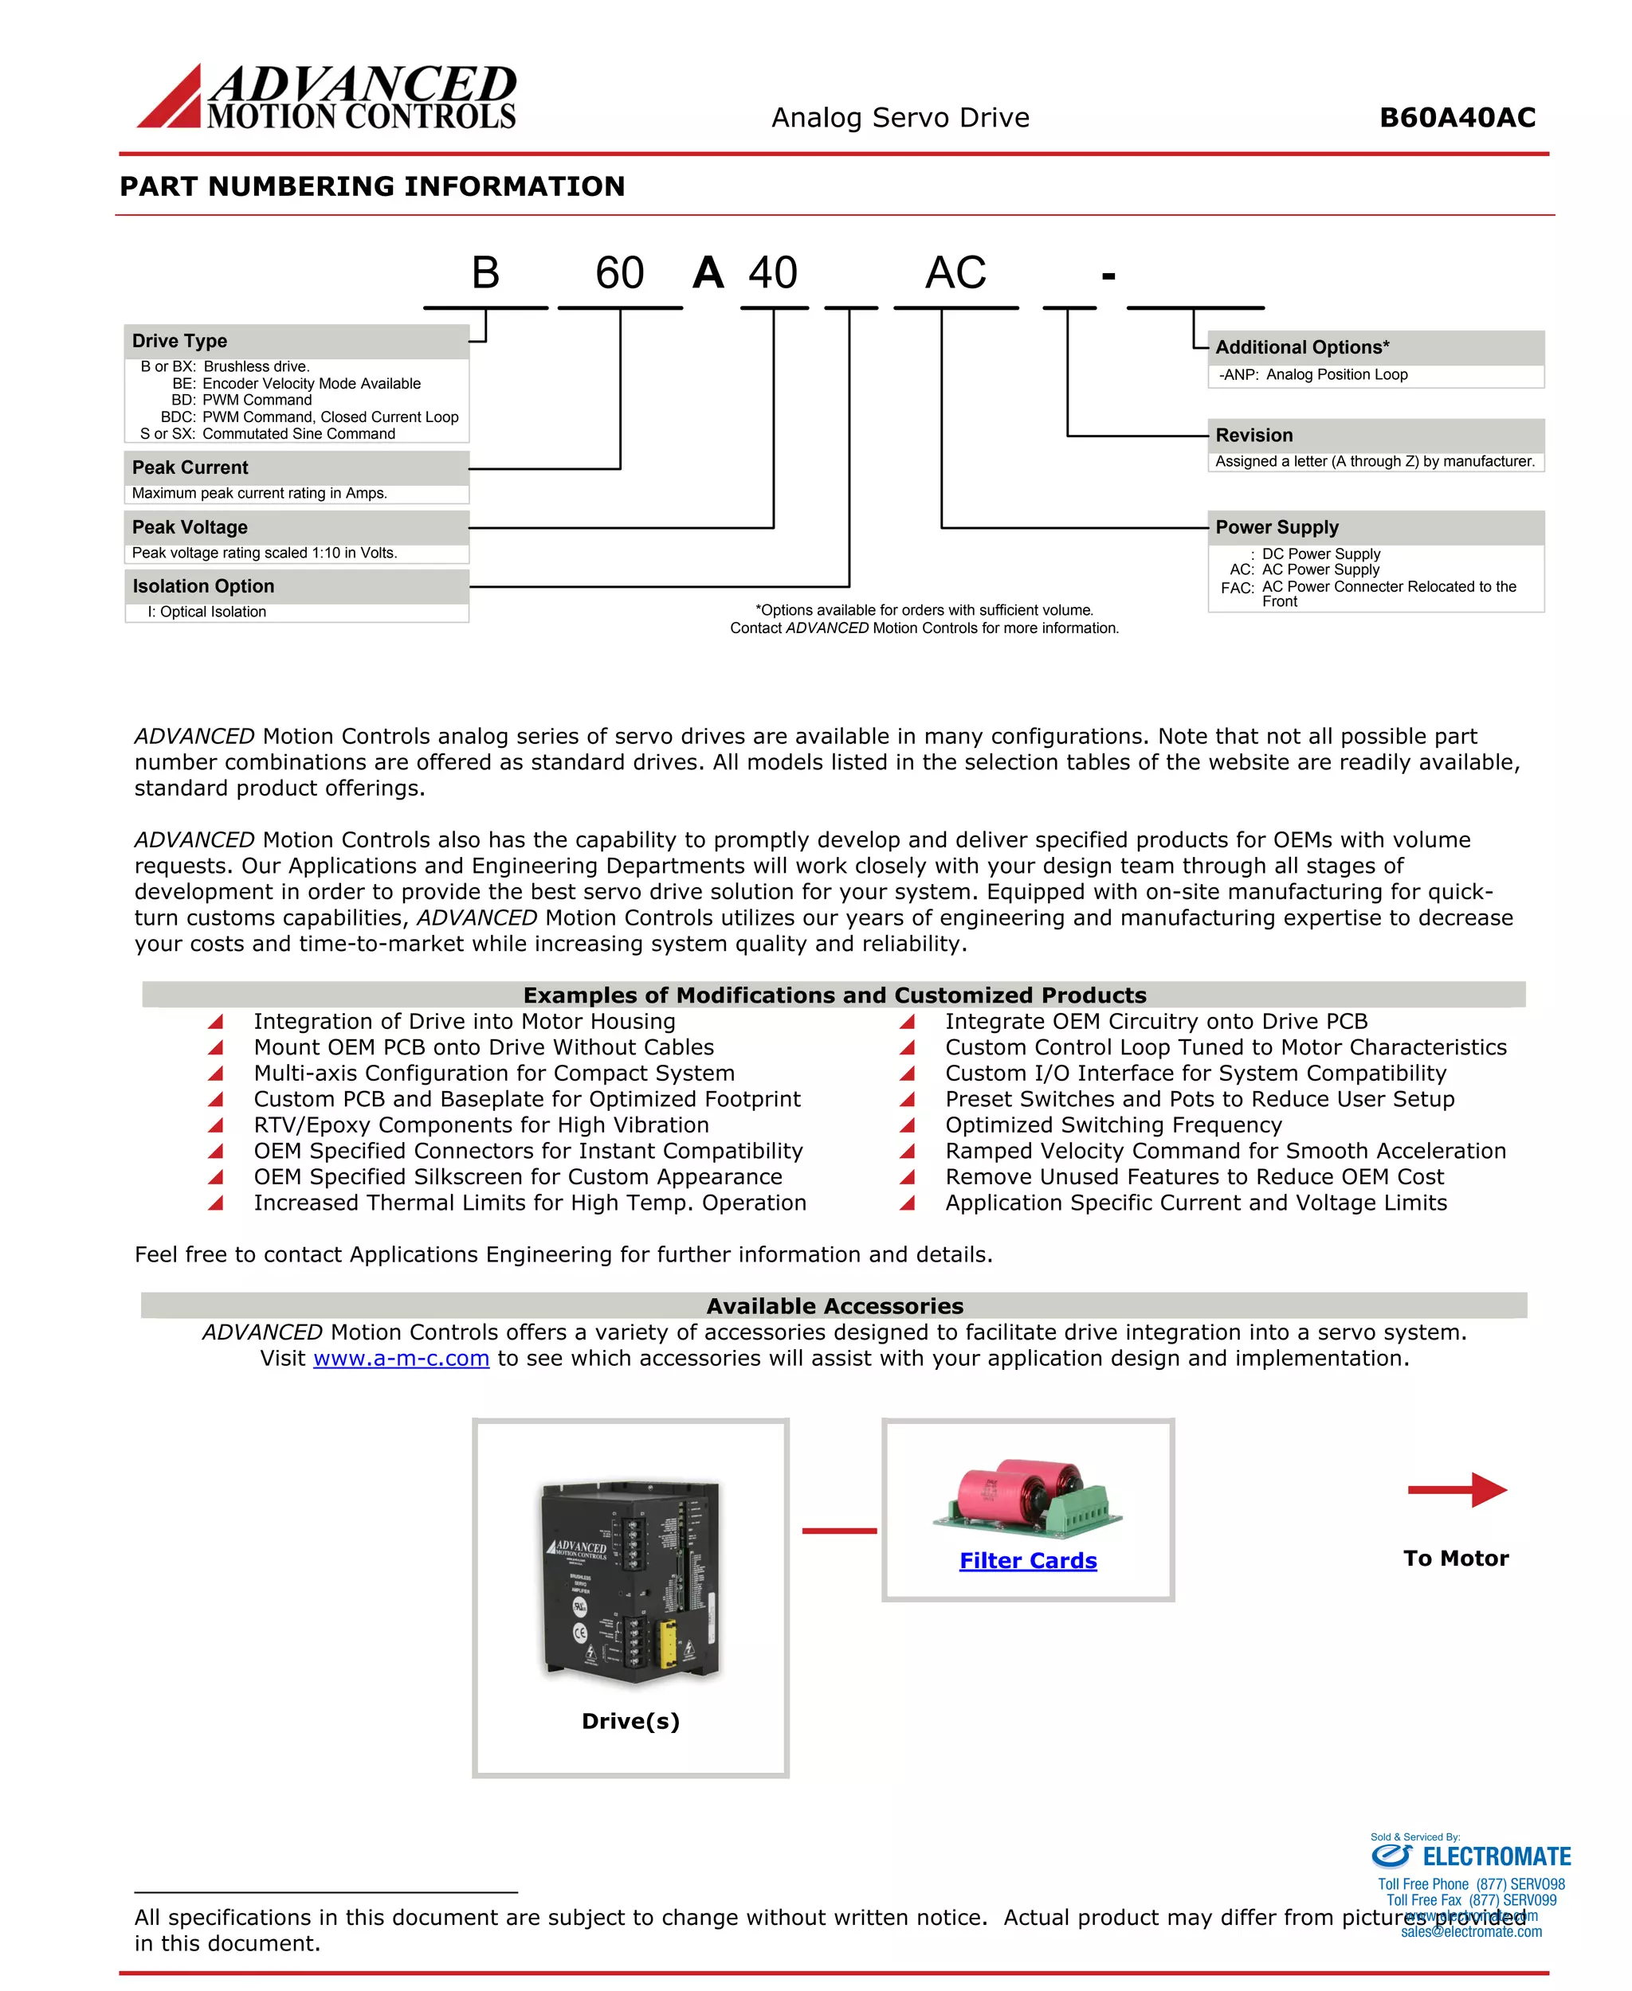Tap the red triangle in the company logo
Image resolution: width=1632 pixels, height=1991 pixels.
[174, 101]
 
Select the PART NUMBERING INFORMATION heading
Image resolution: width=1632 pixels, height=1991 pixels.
[372, 186]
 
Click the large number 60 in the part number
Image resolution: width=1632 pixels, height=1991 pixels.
[619, 273]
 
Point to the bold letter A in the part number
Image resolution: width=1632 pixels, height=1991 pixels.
[708, 273]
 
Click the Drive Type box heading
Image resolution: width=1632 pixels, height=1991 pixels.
[179, 341]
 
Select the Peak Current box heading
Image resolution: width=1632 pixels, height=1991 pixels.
[190, 467]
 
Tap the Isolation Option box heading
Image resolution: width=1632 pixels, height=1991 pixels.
[203, 586]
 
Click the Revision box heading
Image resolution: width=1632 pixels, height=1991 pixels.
[1253, 435]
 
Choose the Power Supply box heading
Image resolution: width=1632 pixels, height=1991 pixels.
[1276, 527]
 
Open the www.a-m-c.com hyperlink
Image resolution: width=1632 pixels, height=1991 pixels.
[401, 1358]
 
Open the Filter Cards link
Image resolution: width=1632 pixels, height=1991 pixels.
[1027, 1561]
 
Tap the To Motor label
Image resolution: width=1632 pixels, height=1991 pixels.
[1455, 1558]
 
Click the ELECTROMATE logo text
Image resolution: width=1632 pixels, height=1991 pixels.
[1496, 1856]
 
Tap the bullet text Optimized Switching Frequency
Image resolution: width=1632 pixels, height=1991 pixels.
[1113, 1125]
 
